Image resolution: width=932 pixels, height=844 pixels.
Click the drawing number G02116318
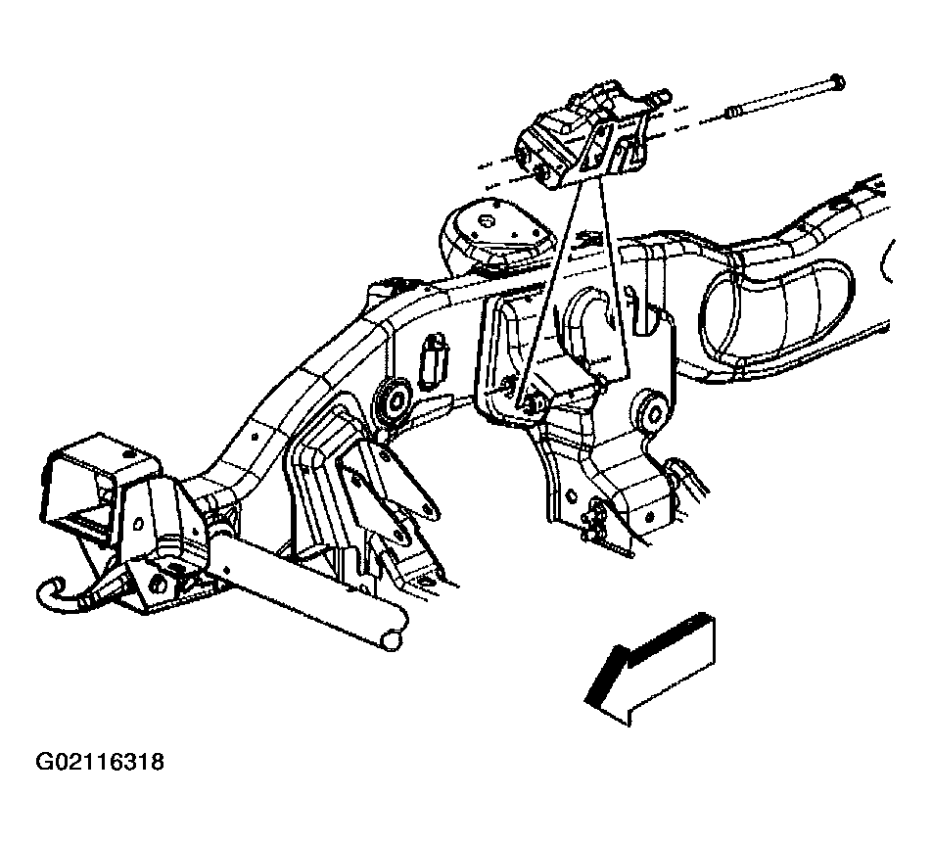(100, 762)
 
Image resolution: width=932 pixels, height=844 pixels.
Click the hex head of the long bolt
(836, 84)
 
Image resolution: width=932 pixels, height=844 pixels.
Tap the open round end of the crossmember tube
(393, 640)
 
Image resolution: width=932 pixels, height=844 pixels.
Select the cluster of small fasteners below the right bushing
(594, 520)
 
